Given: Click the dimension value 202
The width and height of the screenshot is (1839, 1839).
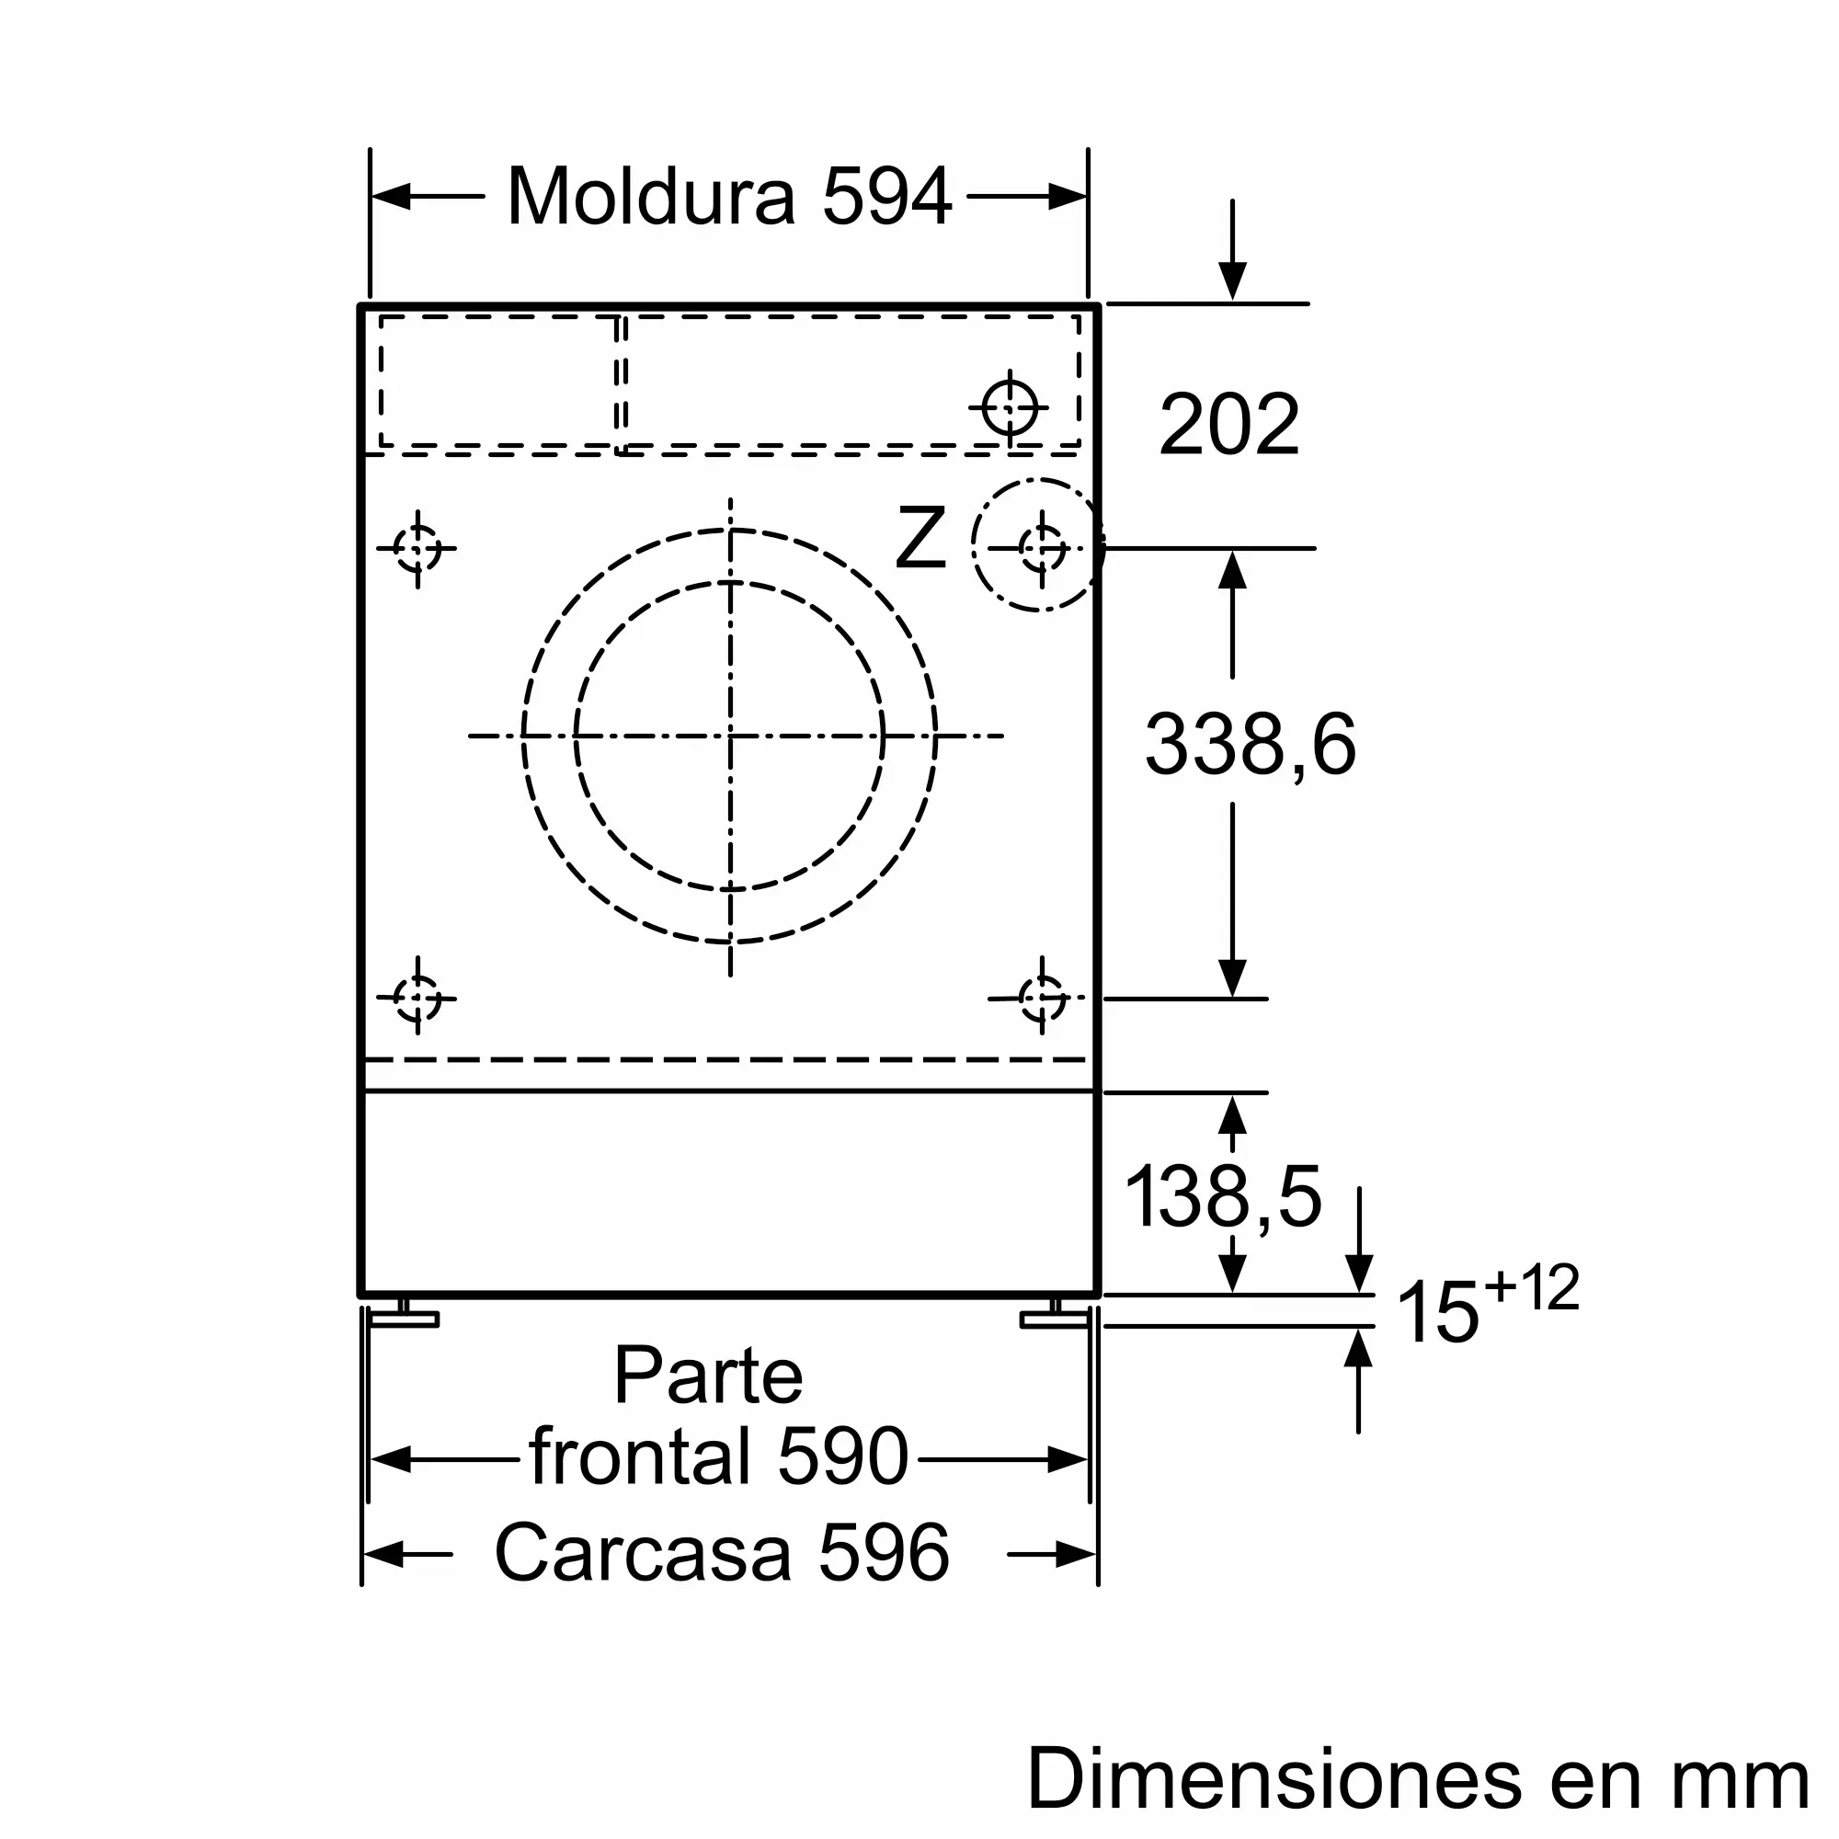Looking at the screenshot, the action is (x=1228, y=424).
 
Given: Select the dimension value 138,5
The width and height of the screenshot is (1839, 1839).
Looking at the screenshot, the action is (x=1223, y=1196).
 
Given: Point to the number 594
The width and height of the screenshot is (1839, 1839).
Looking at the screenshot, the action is (x=886, y=196).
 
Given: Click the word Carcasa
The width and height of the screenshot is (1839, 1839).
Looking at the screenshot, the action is (x=643, y=1552).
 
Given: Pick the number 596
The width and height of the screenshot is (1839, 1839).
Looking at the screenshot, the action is (x=884, y=1552).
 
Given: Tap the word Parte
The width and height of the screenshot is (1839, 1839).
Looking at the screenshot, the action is (x=708, y=1375).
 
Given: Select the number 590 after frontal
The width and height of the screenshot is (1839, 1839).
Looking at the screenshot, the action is (x=842, y=1456).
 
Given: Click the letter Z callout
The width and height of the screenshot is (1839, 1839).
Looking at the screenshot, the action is (x=920, y=538).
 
